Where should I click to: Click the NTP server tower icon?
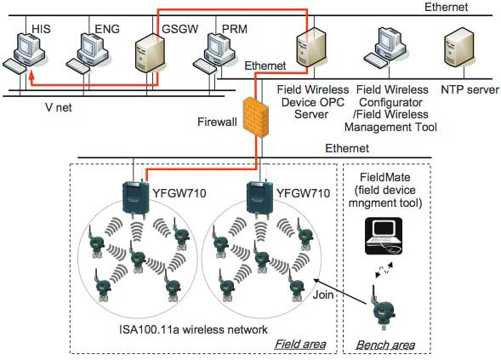pos(459,50)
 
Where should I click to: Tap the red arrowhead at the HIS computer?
pos(31,75)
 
